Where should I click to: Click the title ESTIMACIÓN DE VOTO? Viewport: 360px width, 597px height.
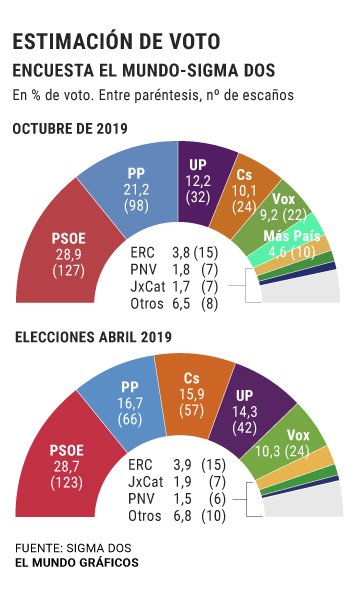pos(116,41)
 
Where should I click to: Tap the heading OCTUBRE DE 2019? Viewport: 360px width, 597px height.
pos(77,129)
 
